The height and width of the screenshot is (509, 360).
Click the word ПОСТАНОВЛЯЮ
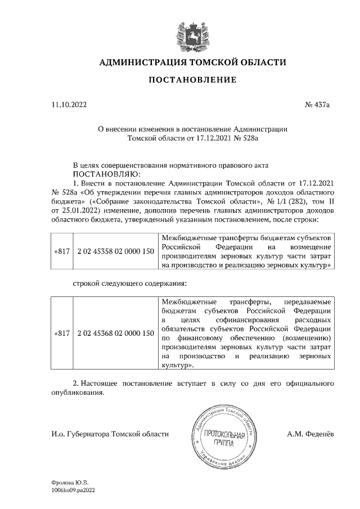[x=101, y=174]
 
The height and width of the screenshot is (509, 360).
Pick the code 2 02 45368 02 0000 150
[x=115, y=334]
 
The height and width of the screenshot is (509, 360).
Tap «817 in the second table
[x=61, y=334]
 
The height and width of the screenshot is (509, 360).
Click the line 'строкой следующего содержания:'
[x=128, y=284]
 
